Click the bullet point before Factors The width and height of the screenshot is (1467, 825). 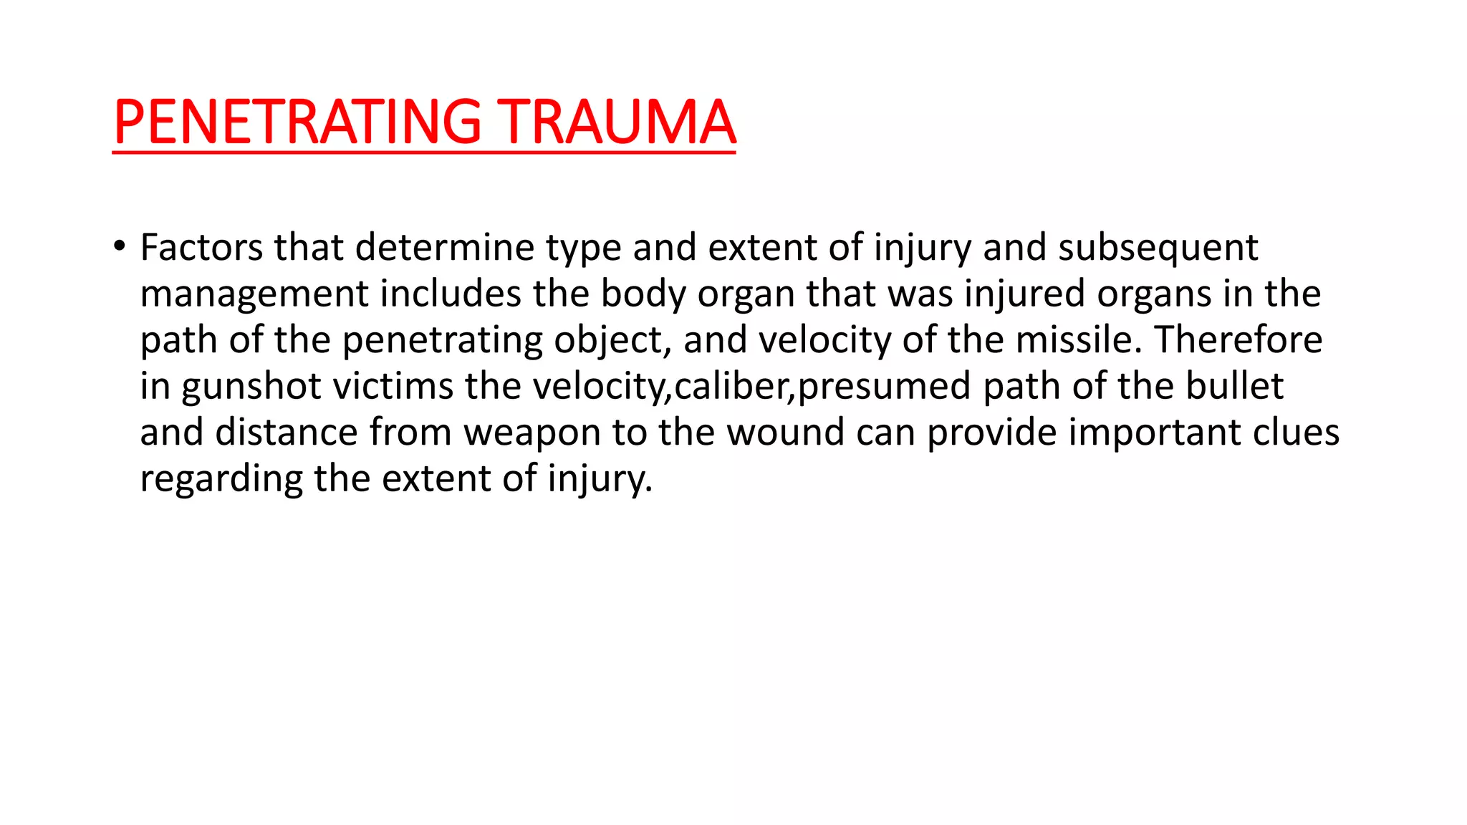point(120,246)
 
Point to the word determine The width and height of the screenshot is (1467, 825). point(444,248)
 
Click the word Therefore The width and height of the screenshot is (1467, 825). point(1238,339)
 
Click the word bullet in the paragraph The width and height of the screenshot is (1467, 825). point(1234,386)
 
